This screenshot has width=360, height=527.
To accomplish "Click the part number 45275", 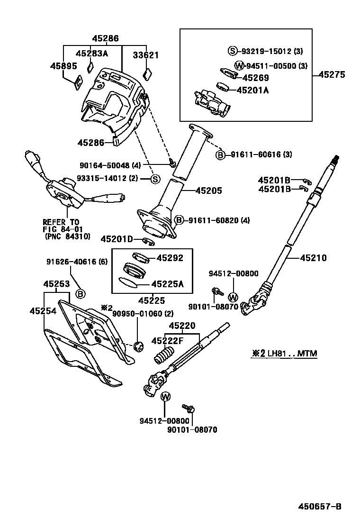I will [332, 74].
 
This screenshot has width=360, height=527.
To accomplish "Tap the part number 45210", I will [313, 258].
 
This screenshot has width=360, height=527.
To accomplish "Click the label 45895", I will [63, 66].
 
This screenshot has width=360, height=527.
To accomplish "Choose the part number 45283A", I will [93, 54].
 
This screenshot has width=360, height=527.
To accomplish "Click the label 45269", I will [256, 78].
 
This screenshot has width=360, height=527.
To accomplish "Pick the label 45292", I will [170, 258].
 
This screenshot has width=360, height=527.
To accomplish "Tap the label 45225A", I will [167, 284].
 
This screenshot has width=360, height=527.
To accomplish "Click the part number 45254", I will [43, 311].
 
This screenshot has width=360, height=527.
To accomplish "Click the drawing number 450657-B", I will [319, 506].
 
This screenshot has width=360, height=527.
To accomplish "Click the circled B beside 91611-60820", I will [179, 220].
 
